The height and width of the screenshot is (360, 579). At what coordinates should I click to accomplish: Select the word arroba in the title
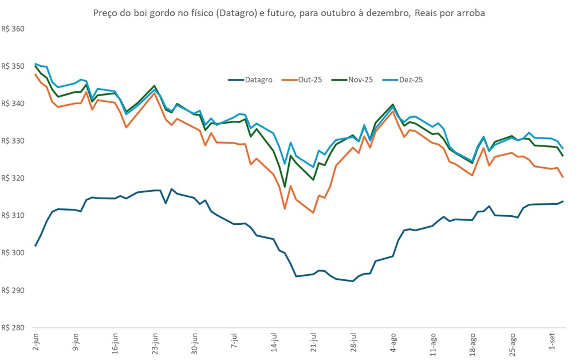point(471,13)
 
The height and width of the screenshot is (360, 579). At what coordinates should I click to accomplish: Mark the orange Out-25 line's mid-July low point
point(285,208)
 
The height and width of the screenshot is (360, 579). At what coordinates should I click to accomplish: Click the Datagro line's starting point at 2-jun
point(36,246)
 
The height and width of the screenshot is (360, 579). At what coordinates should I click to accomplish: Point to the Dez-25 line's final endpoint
point(563,148)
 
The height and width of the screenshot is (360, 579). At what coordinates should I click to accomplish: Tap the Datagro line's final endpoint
point(563,201)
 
